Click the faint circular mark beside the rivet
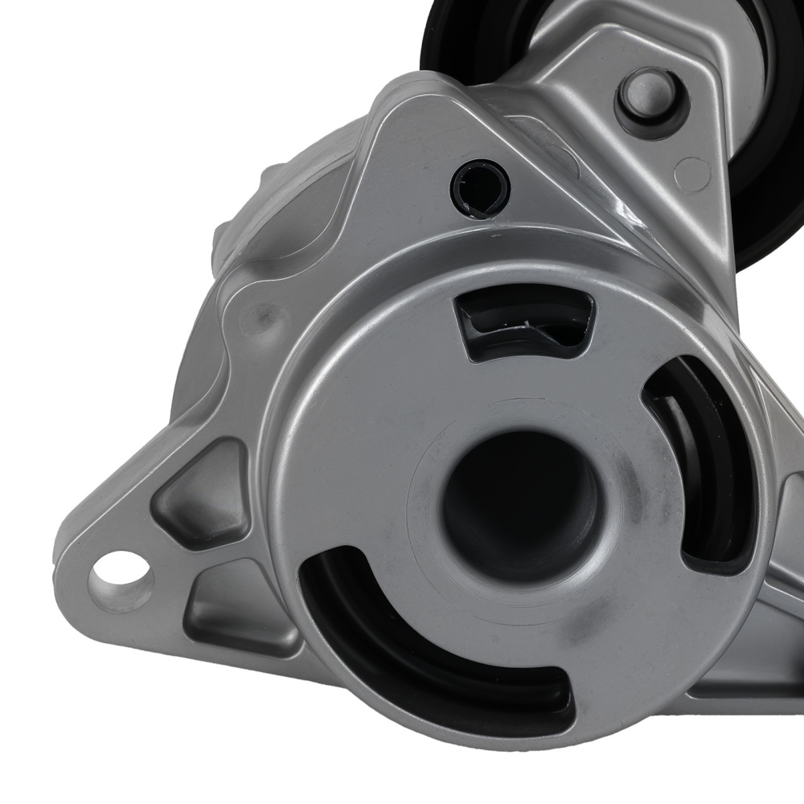point(692,174)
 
